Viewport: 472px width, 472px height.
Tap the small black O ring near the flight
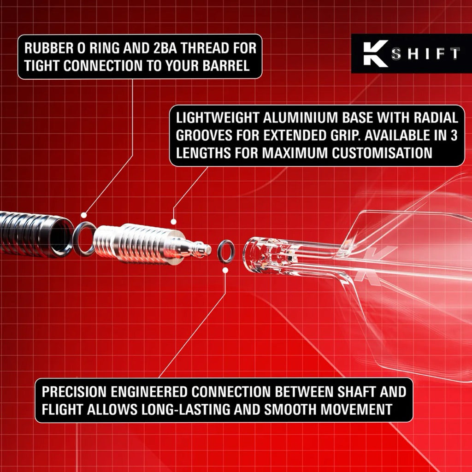(x=226, y=251)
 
